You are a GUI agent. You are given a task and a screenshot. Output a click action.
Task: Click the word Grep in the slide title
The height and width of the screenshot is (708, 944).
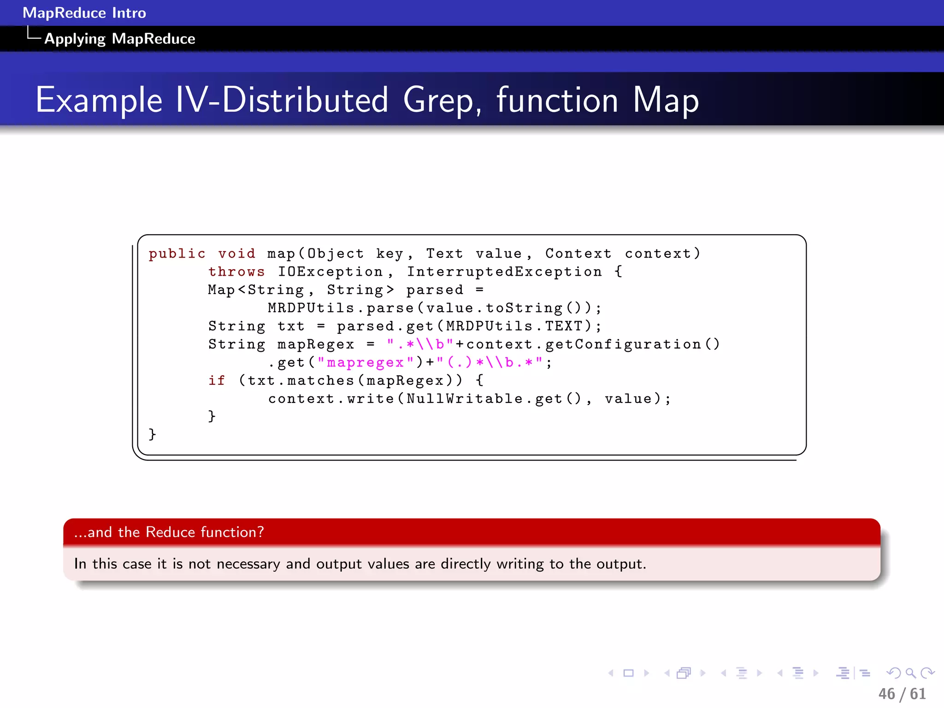442,100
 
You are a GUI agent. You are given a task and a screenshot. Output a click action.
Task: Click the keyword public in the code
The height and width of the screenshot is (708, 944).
177,254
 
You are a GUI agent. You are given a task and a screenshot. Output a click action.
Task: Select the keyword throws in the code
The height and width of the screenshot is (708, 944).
236,272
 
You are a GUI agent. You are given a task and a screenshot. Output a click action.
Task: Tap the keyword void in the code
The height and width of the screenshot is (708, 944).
236,254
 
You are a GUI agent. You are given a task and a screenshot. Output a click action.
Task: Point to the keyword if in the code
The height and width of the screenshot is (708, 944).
217,381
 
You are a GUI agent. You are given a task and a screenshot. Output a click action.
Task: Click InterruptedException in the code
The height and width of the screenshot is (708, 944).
504,272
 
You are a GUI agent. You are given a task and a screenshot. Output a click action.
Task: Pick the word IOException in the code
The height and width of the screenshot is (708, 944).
330,272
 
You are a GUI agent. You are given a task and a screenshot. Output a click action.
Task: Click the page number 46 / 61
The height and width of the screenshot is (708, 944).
902,694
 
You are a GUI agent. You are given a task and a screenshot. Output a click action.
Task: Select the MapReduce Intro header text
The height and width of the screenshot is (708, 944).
84,13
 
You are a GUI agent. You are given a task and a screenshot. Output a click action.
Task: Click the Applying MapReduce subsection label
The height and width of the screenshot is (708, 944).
119,39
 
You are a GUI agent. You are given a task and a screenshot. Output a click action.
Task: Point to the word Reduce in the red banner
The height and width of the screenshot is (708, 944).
170,532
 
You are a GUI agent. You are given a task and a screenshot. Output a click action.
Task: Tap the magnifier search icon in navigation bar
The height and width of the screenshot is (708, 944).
910,673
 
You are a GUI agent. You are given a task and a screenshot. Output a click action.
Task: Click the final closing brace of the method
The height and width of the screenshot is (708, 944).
152,435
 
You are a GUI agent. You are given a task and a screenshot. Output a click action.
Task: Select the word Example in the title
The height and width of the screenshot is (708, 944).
99,100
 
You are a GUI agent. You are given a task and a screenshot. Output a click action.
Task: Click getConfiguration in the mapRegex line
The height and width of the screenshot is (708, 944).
623,344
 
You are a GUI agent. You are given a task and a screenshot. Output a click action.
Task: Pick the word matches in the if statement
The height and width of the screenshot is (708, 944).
320,381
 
